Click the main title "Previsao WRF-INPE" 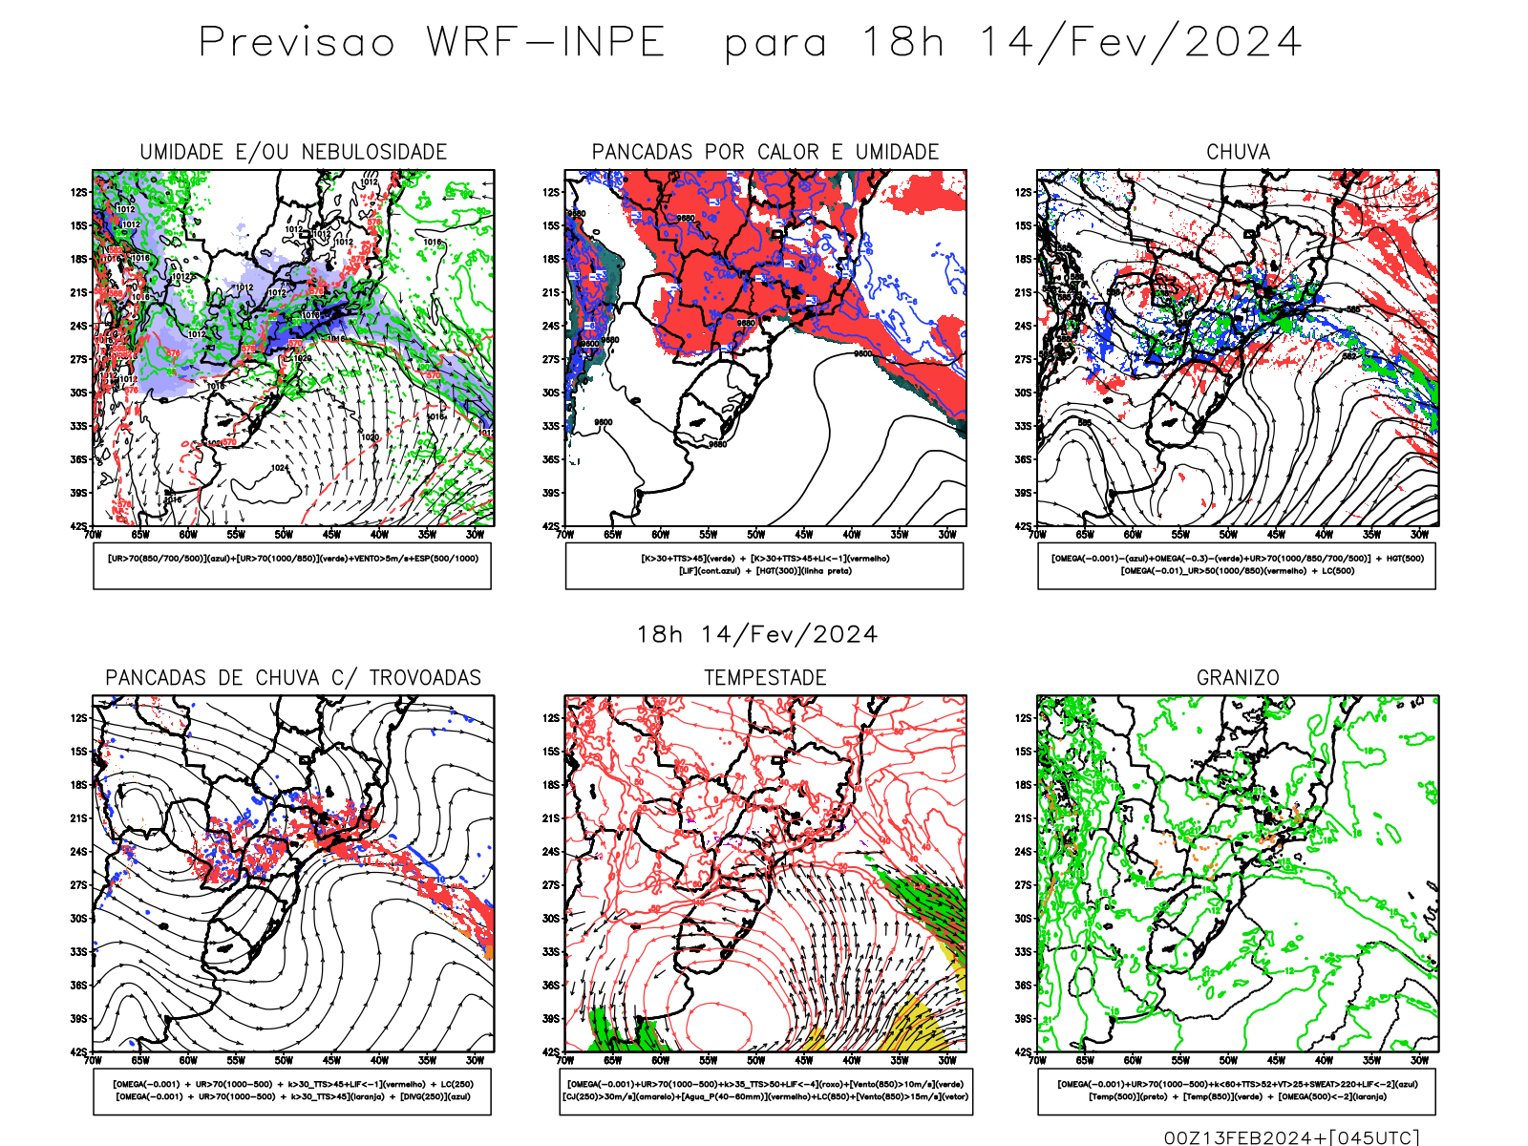click(432, 43)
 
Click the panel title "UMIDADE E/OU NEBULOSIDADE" click(293, 152)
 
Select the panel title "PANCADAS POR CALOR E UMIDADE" click(765, 152)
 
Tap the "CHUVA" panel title click(1238, 152)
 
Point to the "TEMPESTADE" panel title click(765, 678)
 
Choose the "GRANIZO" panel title click(1238, 678)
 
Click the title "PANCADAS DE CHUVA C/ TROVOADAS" click(293, 678)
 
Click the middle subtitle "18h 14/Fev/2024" click(757, 635)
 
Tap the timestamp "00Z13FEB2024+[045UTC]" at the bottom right click(1291, 1137)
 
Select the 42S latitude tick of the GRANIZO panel click(1024, 1051)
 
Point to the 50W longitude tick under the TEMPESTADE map click(755, 1060)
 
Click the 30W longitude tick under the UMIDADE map click(475, 535)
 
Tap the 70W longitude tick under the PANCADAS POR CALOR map click(565, 535)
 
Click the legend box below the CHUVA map click(1237, 565)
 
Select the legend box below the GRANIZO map click(1237, 1091)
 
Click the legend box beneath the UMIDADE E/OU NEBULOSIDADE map click(292, 565)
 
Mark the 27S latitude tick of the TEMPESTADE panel click(551, 885)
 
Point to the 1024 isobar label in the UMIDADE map click(280, 468)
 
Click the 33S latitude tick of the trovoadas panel click(78, 952)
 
